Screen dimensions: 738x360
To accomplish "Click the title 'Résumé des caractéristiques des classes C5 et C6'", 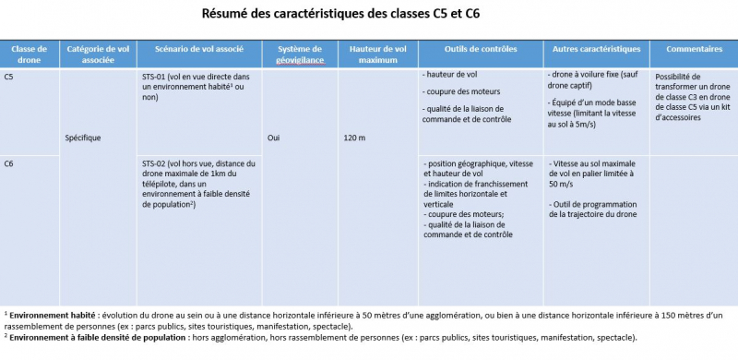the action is point(340,14).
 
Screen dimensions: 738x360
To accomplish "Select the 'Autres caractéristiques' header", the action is point(596,48).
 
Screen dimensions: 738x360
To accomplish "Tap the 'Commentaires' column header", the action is point(693,48).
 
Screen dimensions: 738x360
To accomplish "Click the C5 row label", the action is point(9,78).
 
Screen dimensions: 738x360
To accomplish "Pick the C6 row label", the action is point(9,163).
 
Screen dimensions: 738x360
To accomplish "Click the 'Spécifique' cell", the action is point(83,138).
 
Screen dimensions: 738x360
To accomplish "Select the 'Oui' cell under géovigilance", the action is point(273,138).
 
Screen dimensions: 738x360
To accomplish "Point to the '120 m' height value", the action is point(355,138).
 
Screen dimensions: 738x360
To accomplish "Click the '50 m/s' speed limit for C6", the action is point(564,184).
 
